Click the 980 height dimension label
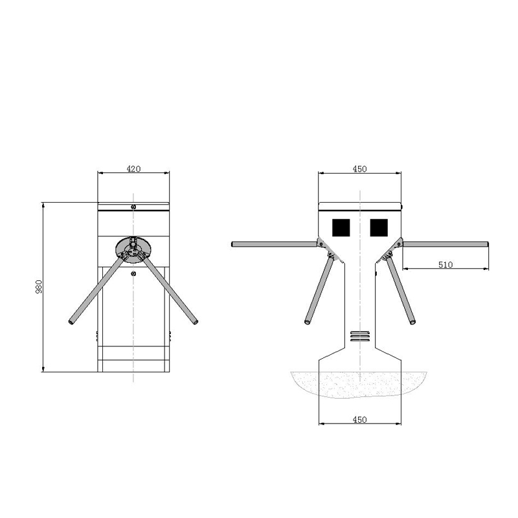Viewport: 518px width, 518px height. (38, 287)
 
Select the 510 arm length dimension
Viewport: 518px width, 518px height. (445, 264)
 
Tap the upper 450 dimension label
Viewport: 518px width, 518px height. (359, 168)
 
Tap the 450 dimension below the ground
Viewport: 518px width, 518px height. (359, 420)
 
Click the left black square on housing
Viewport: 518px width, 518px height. (341, 227)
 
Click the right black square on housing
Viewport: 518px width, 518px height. (379, 227)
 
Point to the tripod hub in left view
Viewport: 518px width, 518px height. (133, 249)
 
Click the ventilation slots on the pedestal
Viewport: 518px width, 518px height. (359, 335)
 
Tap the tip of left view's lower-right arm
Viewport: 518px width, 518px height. (194, 321)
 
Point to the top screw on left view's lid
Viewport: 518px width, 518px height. (133, 207)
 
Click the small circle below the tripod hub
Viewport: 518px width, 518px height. (133, 275)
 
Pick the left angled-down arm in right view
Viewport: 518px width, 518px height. (319, 291)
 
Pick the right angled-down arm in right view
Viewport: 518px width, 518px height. (401, 291)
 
